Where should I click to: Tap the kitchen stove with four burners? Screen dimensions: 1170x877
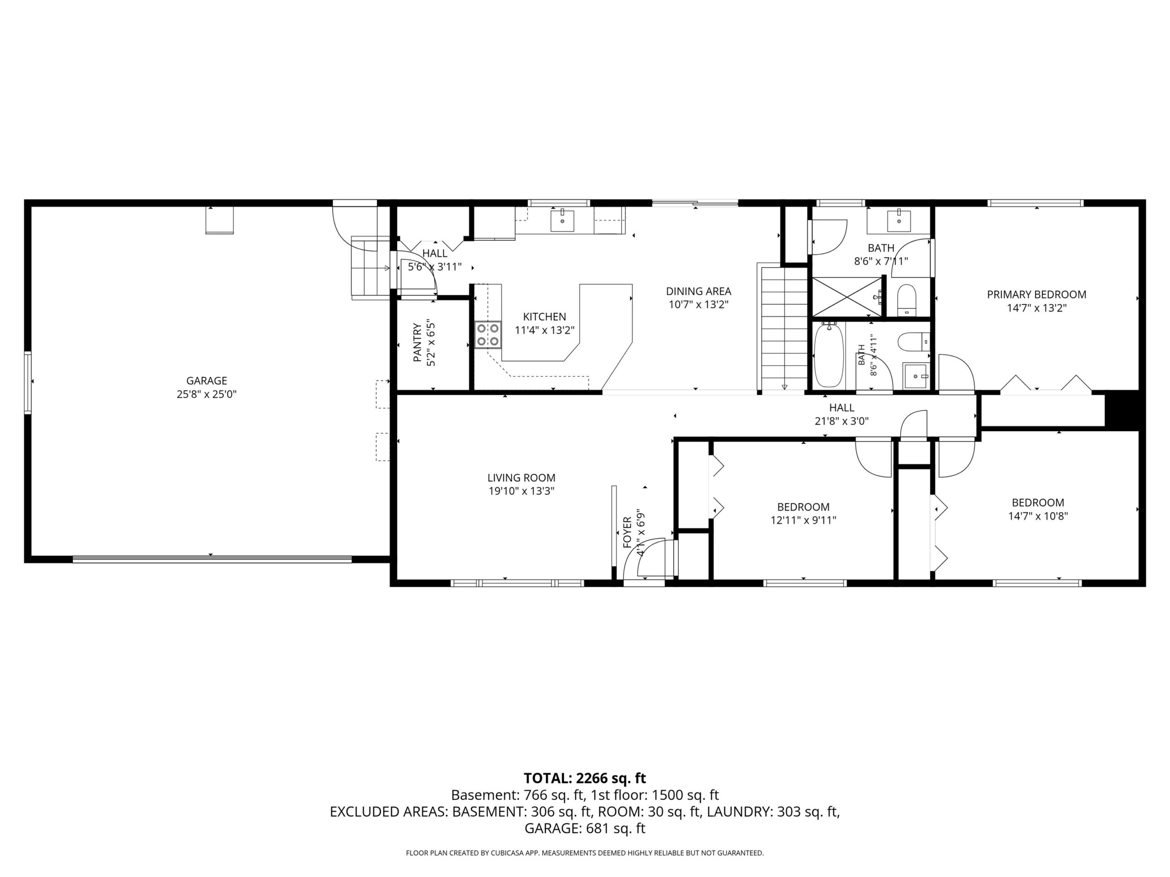pos(488,335)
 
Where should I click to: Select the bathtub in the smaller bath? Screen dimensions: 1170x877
pos(829,355)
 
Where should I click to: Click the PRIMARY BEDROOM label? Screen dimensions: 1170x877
pos(1036,295)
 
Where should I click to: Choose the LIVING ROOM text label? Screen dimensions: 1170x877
pos(521,478)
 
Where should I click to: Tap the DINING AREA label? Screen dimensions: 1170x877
pos(698,291)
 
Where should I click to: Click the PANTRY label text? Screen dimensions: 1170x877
pos(417,343)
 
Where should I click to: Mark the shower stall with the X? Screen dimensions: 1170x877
pos(847,298)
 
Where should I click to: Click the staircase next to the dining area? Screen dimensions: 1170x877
pos(784,328)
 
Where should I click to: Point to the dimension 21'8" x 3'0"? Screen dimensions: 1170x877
pos(841,421)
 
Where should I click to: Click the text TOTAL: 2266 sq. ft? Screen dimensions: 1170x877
pos(585,778)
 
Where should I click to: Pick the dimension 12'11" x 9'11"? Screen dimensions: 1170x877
pos(803,520)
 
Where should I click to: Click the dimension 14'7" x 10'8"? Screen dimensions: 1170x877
pos(1038,517)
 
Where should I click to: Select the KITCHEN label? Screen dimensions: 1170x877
pos(544,317)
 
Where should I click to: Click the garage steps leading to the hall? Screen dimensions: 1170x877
pos(371,268)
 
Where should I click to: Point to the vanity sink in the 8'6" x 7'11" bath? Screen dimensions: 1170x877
pos(899,221)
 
